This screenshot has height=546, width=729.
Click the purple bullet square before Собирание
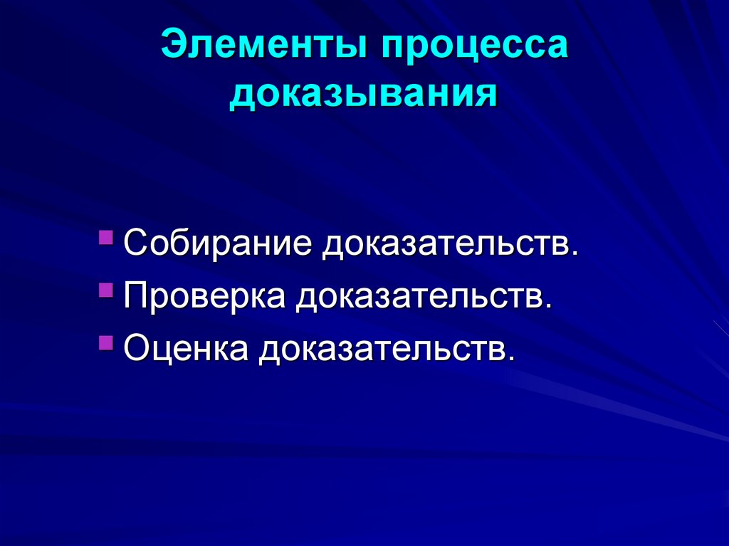click(106, 236)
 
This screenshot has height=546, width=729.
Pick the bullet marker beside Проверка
click(106, 289)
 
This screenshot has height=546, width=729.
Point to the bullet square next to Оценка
click(106, 342)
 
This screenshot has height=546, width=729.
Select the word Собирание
click(218, 244)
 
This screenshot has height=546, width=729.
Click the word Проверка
click(205, 297)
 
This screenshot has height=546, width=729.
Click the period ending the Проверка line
click(548, 308)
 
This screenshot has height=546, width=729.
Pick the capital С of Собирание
click(136, 244)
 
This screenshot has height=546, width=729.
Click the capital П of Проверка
click(136, 297)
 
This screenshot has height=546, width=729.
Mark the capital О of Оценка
click(137, 350)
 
